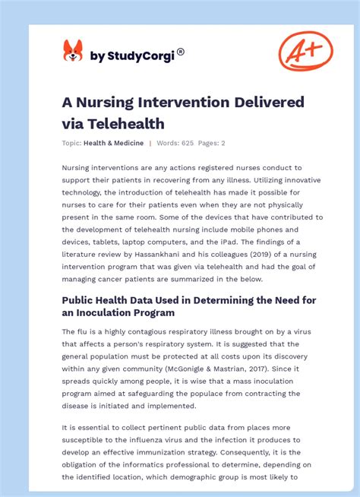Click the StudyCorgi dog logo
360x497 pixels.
73,52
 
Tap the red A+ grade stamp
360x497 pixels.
305,52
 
